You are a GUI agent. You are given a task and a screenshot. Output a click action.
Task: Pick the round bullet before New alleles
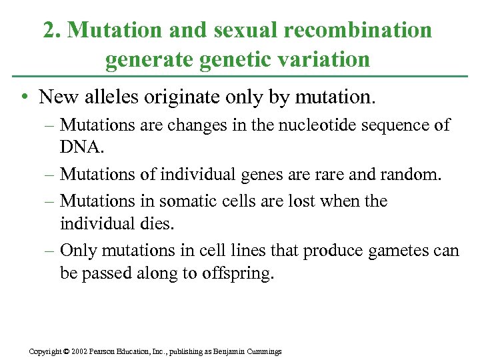pos(24,98)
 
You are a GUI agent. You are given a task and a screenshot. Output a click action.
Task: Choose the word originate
pos(189,97)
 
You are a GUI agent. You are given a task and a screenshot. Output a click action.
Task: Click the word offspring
pos(238,274)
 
